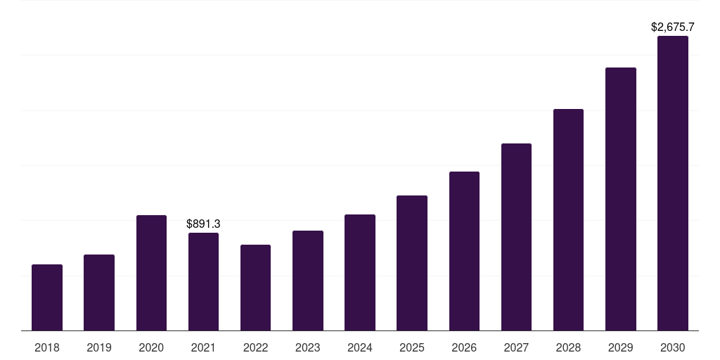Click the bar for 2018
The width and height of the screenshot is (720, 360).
47,297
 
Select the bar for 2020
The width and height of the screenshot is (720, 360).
151,273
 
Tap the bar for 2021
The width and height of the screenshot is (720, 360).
203,281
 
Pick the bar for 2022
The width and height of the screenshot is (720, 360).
255,288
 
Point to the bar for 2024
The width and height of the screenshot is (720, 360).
360,272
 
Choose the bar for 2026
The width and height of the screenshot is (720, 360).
464,251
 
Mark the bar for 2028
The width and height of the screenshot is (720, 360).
568,219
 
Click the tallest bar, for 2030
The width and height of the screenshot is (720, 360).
673,183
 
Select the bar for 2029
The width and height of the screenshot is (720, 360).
621,199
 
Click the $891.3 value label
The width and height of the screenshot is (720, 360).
203,224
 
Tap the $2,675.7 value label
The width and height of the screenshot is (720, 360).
673,27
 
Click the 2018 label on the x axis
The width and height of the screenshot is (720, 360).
47,347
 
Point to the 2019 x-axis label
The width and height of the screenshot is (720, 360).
99,347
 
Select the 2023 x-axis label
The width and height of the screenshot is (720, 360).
308,347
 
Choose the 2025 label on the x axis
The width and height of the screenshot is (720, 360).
412,347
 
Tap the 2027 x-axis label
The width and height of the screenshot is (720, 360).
516,347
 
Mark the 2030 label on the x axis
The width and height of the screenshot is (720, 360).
673,347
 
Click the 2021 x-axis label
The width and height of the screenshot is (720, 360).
203,347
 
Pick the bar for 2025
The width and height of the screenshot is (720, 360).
412,263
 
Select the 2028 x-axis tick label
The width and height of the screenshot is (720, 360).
568,347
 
